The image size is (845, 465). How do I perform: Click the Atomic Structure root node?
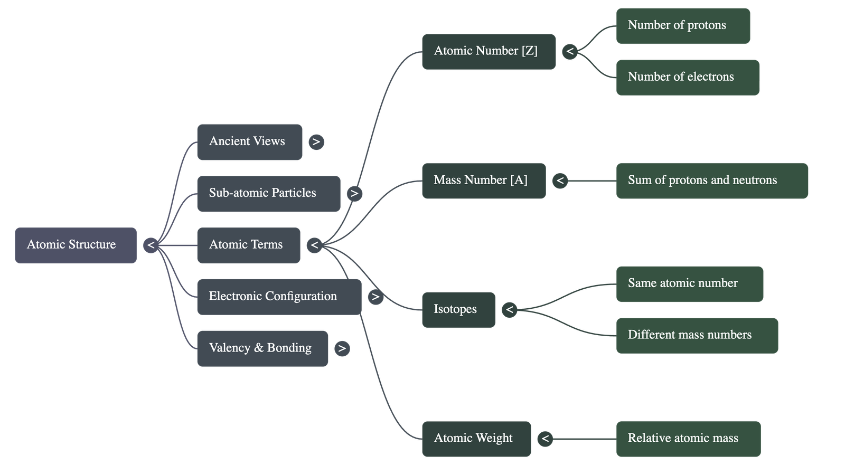point(76,245)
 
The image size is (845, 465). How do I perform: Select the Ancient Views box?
point(249,142)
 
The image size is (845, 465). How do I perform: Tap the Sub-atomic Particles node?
point(268,194)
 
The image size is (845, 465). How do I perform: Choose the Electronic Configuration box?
point(279,297)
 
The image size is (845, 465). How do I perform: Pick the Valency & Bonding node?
point(262,349)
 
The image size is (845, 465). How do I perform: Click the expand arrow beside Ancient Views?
point(316,142)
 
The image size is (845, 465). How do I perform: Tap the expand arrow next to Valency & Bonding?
point(342,349)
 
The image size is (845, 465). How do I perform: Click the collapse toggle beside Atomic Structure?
point(151,245)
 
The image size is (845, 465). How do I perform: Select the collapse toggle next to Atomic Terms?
point(314,245)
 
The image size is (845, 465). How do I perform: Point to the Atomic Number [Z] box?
point(489,52)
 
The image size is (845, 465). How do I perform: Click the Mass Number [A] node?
point(483,181)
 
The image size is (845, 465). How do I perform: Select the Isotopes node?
point(458,310)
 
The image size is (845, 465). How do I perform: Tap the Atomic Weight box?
point(476,439)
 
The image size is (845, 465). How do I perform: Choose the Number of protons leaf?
point(683,26)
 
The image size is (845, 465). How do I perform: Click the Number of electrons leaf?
point(688,78)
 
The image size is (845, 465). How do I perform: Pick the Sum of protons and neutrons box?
point(712,181)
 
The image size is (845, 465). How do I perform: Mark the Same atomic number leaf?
point(689,284)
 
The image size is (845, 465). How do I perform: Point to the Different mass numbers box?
point(697,336)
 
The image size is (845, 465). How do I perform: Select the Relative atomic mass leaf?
point(688,439)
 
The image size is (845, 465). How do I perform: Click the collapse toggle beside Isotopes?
point(509,310)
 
